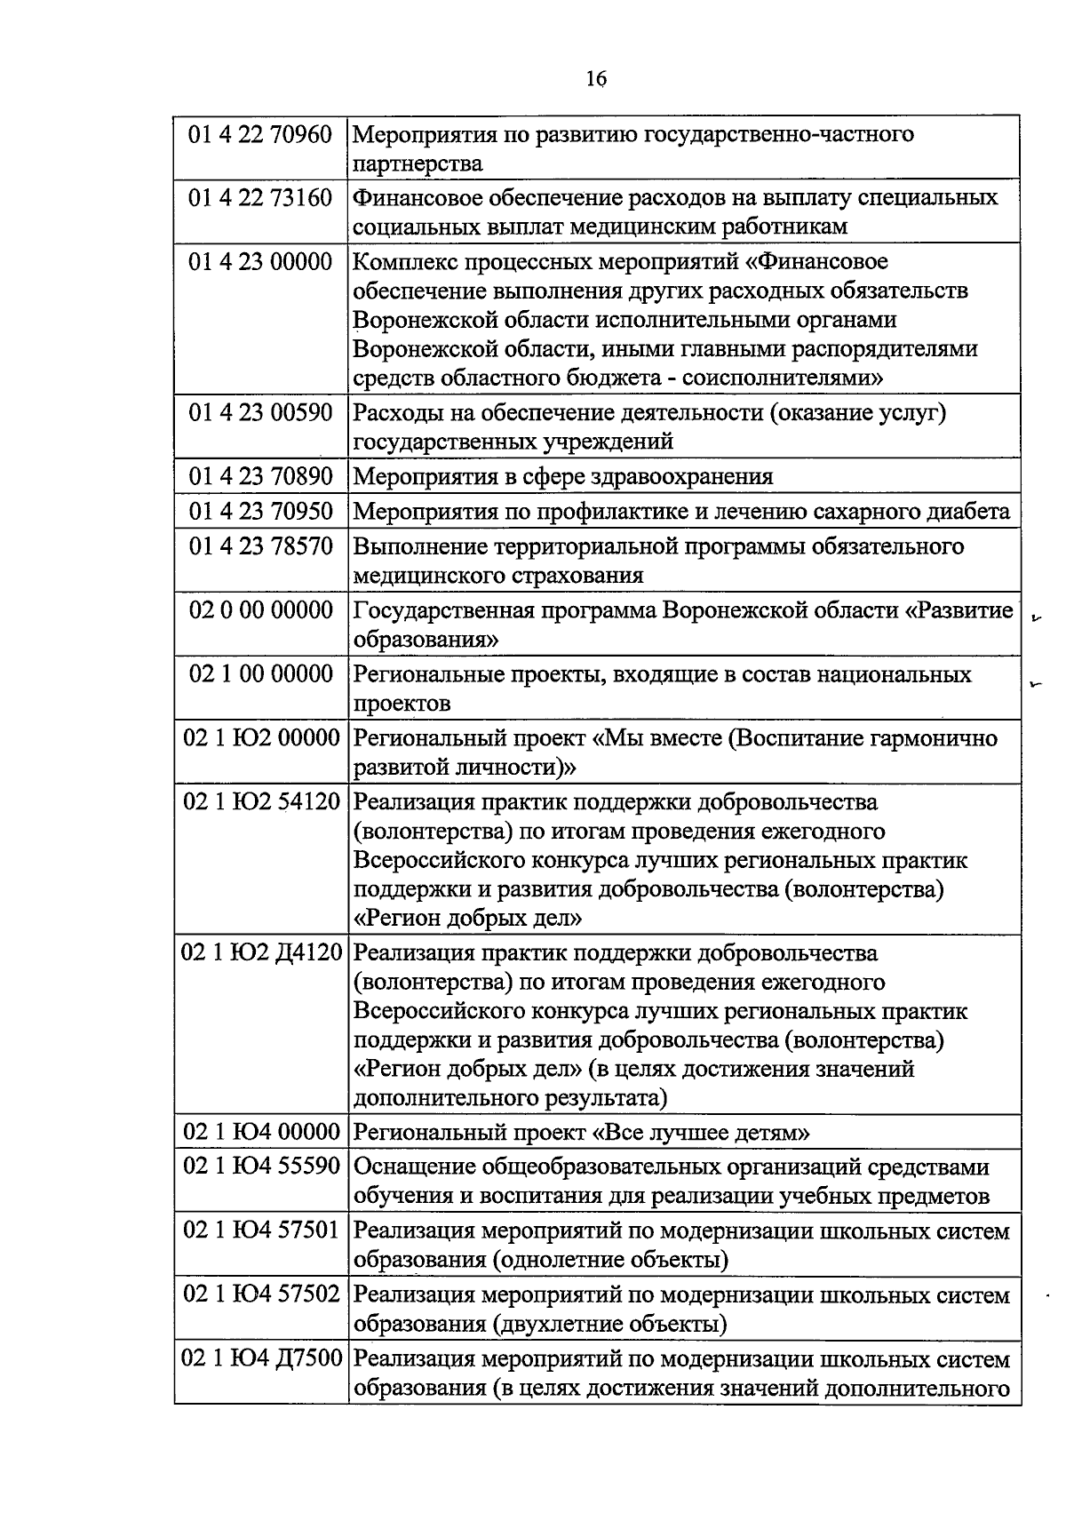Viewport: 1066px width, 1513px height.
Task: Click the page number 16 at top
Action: click(x=596, y=80)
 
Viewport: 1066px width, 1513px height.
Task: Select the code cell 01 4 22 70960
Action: click(x=260, y=135)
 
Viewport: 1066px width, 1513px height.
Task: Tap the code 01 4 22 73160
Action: click(x=260, y=197)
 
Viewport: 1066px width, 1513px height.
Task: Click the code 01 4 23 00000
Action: click(x=260, y=262)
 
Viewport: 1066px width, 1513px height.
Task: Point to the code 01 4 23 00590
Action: click(x=260, y=412)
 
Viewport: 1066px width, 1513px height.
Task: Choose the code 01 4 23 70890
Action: click(x=260, y=476)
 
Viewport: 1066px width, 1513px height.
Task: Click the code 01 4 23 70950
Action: click(x=260, y=512)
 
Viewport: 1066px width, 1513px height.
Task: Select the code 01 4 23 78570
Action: click(x=260, y=546)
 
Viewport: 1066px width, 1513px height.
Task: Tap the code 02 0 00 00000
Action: click(x=260, y=610)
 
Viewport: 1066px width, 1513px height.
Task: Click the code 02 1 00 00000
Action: click(x=260, y=674)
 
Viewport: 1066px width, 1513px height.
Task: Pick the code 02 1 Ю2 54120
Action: click(x=261, y=802)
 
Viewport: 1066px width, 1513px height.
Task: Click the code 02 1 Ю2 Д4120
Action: click(x=261, y=953)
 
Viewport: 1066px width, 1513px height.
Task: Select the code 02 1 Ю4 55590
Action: click(x=261, y=1167)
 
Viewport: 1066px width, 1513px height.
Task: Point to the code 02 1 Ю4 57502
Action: click(x=261, y=1295)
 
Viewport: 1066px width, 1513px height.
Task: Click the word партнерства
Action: click(x=418, y=164)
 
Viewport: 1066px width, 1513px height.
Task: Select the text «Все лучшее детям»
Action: click(x=701, y=1133)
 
